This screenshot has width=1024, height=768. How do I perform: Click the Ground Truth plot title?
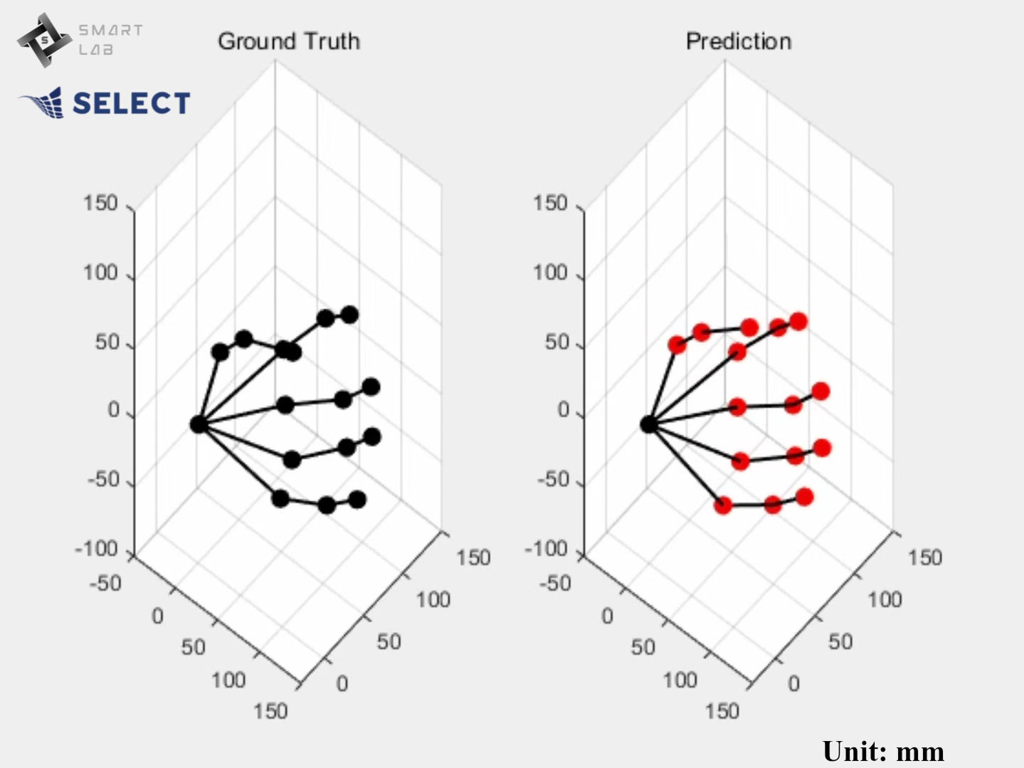288,41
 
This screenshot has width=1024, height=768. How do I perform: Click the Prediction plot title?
738,41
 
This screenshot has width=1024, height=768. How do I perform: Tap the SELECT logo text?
132,103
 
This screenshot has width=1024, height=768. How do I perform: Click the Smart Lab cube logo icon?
44,40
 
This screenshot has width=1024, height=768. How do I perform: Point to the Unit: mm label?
883,751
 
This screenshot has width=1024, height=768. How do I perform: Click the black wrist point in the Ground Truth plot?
199,424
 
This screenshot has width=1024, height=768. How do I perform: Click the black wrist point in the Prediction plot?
648,424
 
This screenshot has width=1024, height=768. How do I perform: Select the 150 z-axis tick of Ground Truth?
100,203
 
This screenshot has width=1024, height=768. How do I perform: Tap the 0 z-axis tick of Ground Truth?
113,410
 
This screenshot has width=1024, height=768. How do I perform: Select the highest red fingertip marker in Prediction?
798,322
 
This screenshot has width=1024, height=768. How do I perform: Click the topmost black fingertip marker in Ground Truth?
349,315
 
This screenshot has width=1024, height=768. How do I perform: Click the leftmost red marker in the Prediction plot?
677,345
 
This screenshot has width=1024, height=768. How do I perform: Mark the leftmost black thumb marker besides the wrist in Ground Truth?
221,352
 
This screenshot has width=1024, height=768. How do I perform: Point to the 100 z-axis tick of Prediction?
550,273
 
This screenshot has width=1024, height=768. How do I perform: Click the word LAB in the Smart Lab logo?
95,50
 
